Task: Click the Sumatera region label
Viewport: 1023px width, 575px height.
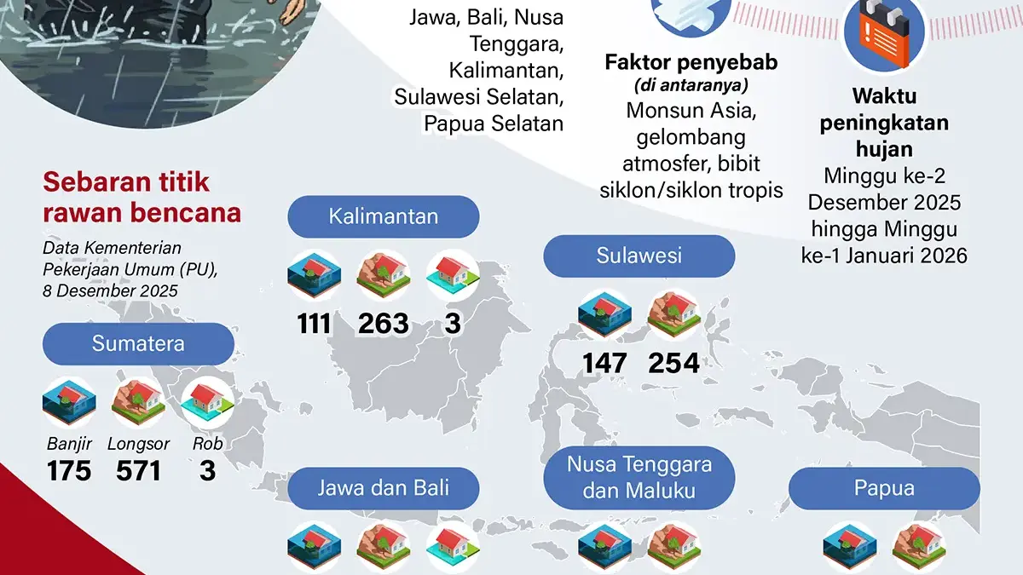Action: [138, 345]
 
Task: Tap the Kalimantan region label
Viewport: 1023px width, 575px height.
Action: [384, 216]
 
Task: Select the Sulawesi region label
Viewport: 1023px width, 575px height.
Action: [639, 256]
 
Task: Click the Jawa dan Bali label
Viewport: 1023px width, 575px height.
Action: [384, 488]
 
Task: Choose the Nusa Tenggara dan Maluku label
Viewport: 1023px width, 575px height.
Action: [639, 477]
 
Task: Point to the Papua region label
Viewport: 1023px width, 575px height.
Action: [884, 488]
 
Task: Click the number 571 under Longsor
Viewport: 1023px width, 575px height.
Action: [138, 470]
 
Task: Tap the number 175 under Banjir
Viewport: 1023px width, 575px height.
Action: [69, 470]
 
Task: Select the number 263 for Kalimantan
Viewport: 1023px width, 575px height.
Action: [384, 324]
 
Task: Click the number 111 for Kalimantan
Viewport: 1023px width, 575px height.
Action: [315, 324]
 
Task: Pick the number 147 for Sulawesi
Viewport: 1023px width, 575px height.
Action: [605, 364]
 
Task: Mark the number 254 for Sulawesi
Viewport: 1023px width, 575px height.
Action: [673, 364]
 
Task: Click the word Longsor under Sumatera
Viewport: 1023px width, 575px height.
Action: [138, 444]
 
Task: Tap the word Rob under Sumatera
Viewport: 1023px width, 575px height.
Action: [207, 444]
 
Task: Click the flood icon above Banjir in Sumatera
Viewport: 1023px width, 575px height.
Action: [69, 402]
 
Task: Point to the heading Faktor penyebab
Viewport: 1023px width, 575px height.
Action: [691, 62]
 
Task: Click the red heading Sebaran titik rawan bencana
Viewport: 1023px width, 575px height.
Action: [142, 197]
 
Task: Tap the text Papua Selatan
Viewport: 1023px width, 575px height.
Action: [494, 124]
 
